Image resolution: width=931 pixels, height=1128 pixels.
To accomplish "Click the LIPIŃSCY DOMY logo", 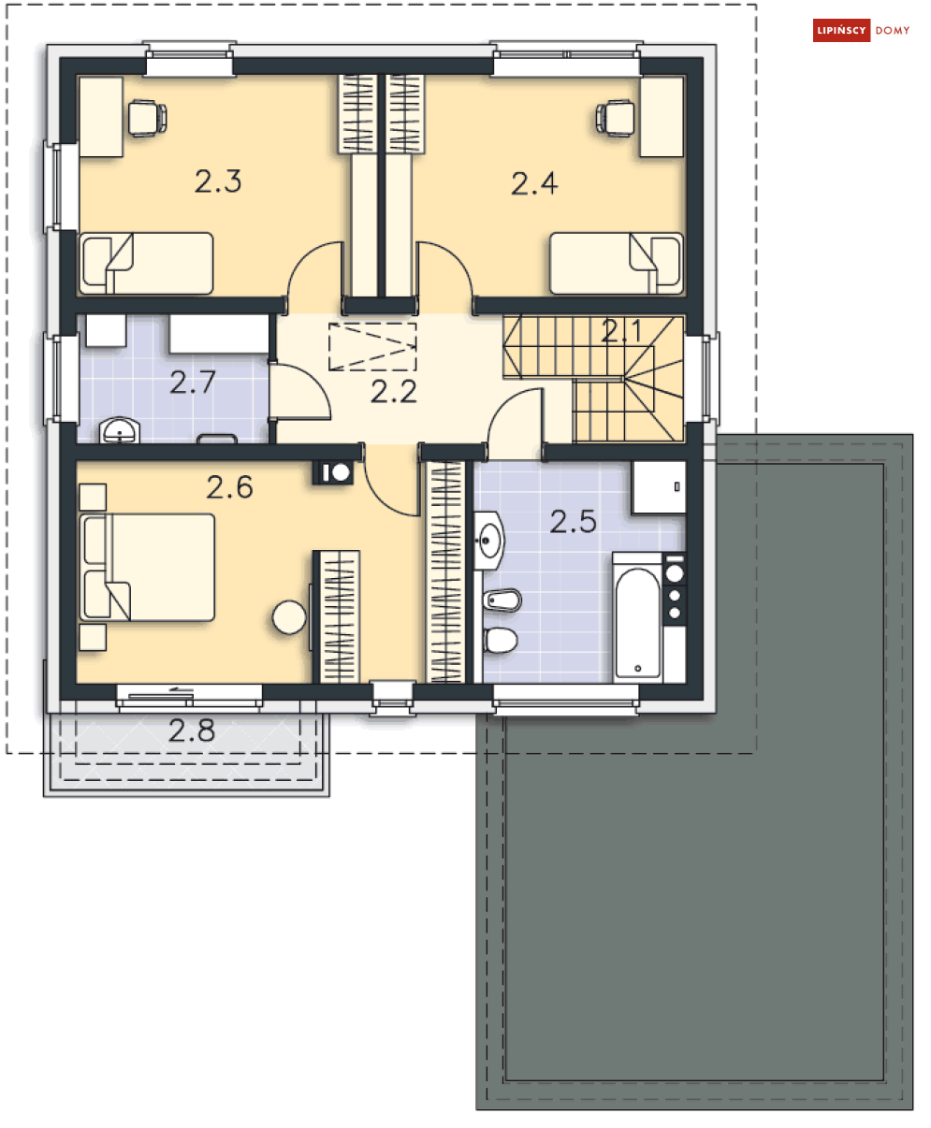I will [x=862, y=31].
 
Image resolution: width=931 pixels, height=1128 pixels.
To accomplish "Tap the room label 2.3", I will [x=218, y=181].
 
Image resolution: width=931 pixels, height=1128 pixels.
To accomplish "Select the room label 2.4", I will [x=534, y=182].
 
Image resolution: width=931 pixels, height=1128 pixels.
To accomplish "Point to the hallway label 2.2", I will [x=393, y=391].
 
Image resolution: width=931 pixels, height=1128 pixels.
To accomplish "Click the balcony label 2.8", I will [x=192, y=730].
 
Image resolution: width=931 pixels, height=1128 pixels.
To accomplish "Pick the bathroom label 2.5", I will [x=573, y=521].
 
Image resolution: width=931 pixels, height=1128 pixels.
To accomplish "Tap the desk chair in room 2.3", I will [x=146, y=117].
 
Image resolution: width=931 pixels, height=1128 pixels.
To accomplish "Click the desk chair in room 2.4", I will [x=616, y=117].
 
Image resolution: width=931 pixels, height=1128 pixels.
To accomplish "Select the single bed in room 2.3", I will [x=147, y=263].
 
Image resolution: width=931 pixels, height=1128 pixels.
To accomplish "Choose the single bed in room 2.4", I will [x=615, y=263].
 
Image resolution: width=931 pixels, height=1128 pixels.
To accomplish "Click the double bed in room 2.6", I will [x=148, y=567].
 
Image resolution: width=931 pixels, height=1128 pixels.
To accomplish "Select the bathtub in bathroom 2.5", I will [x=637, y=621].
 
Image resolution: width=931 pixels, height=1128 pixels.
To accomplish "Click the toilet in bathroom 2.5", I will [x=501, y=641].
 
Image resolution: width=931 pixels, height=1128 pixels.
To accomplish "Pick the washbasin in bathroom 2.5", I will [x=489, y=540].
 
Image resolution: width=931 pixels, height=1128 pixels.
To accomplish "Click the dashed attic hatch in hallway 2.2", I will [x=372, y=347].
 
